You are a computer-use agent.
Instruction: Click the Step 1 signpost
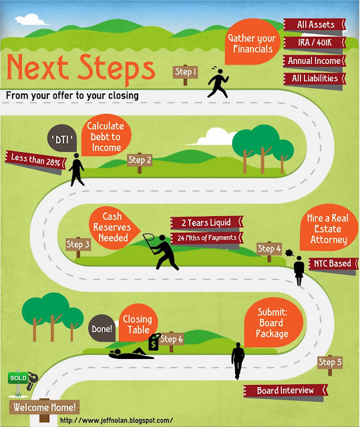(x=185, y=73)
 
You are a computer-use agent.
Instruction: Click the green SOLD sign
(x=18, y=378)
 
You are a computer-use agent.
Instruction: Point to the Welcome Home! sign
(x=45, y=408)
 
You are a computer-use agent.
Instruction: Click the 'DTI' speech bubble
(x=62, y=138)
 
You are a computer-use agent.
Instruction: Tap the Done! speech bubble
(x=102, y=328)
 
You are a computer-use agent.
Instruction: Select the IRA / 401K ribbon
(x=315, y=43)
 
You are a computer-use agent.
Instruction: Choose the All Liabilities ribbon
(x=315, y=79)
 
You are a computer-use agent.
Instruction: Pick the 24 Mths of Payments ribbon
(x=206, y=238)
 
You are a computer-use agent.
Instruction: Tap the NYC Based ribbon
(x=333, y=264)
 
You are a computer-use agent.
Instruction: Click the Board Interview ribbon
(x=285, y=390)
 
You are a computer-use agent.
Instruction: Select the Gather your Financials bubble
(x=252, y=41)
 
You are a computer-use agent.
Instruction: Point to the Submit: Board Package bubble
(x=273, y=322)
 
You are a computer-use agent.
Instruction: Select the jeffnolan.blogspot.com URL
(x=116, y=420)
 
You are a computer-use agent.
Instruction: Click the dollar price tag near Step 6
(x=154, y=342)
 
